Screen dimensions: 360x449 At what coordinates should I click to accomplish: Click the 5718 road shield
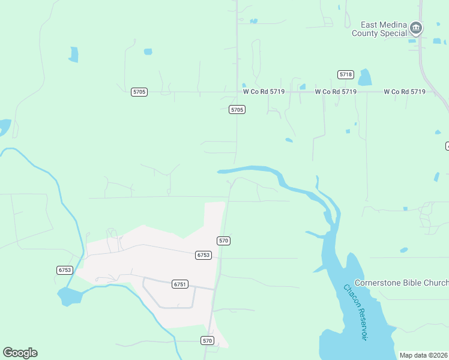click(x=345, y=74)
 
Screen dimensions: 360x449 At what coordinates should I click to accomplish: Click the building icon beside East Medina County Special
click(x=415, y=28)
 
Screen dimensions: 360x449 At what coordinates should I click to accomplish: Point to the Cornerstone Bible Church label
click(x=402, y=283)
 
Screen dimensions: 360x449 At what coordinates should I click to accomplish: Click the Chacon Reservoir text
click(x=355, y=312)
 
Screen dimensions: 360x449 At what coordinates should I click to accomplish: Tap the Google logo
click(x=20, y=353)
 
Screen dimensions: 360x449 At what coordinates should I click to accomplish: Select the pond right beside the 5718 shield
click(x=364, y=77)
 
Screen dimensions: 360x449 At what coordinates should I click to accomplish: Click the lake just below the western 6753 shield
click(x=69, y=296)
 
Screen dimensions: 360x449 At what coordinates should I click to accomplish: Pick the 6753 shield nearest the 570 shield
click(x=203, y=255)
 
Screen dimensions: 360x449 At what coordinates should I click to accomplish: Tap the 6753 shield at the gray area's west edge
click(x=65, y=270)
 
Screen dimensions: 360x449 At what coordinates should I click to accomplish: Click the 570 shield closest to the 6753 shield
click(x=224, y=241)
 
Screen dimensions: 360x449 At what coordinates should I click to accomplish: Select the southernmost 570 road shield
click(x=208, y=340)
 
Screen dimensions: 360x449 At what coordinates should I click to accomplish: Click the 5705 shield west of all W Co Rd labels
click(x=139, y=92)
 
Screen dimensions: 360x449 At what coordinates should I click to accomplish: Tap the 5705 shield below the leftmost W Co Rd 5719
click(x=237, y=110)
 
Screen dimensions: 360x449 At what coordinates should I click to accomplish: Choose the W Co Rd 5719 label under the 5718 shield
click(x=336, y=92)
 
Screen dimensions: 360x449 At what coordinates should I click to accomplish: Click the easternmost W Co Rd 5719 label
click(x=405, y=92)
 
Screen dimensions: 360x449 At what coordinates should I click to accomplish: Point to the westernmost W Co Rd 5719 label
click(x=264, y=92)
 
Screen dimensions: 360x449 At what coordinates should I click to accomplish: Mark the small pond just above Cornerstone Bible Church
click(x=404, y=250)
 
